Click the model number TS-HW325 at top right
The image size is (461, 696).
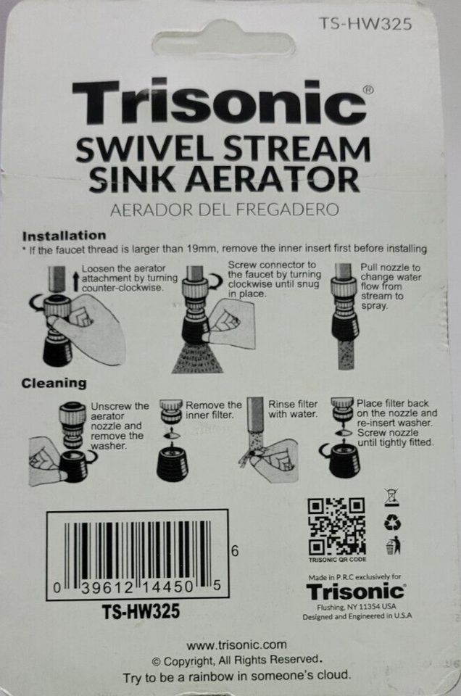365,23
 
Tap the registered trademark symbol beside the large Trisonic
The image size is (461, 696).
368,90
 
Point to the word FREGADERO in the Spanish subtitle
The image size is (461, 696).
286,209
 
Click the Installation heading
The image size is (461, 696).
65,235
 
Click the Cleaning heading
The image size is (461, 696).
54,383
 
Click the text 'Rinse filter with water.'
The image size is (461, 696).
293,409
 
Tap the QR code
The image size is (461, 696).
337,526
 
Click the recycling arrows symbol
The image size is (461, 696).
392,523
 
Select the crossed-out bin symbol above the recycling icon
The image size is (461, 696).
391,497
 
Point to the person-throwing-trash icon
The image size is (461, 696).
393,545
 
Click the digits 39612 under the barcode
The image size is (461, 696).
107,587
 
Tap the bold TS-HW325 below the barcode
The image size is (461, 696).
141,612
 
